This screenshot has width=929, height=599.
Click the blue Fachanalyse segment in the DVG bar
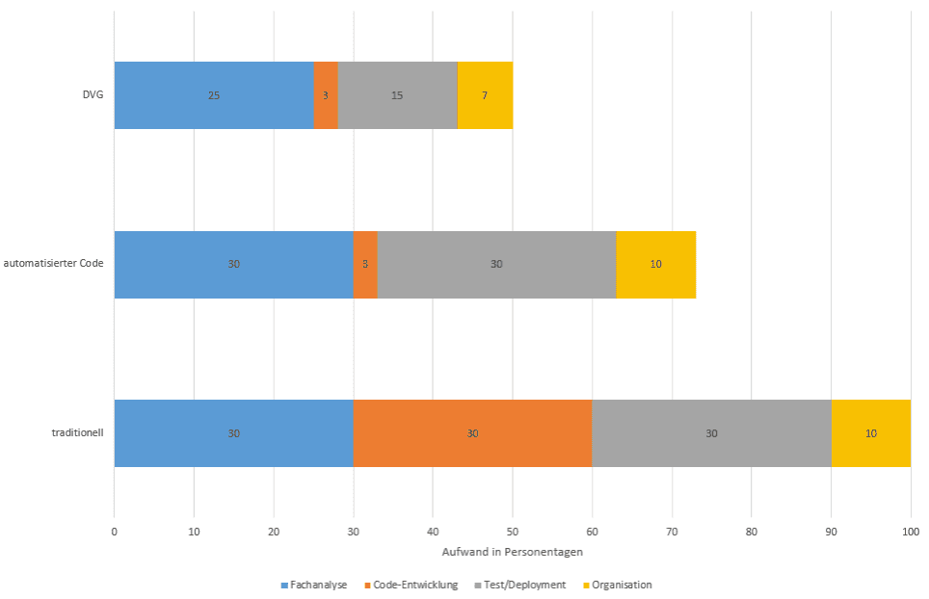click(214, 95)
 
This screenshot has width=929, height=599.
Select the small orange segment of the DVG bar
click(326, 95)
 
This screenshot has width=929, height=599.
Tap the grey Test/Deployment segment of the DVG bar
click(397, 95)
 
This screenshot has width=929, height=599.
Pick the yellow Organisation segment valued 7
click(485, 95)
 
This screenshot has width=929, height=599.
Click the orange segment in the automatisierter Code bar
click(365, 264)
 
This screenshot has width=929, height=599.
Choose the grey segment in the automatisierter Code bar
click(496, 264)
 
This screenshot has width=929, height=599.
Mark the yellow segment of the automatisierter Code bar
click(655, 264)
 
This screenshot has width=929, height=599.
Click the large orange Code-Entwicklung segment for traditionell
click(472, 433)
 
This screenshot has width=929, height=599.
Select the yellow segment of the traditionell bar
click(871, 433)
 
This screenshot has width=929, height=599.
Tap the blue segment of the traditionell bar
click(233, 433)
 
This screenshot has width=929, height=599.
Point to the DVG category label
click(93, 95)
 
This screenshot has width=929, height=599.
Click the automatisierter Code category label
click(53, 264)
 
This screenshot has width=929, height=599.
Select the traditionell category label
click(77, 433)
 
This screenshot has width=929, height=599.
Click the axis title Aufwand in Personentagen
click(512, 552)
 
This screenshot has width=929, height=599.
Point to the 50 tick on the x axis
click(512, 531)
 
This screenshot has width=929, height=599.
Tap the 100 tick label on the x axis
click(911, 531)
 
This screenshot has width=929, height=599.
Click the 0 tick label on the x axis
click(114, 531)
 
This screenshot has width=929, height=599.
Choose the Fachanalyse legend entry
click(316, 585)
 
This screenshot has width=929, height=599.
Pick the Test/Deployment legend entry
click(520, 585)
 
